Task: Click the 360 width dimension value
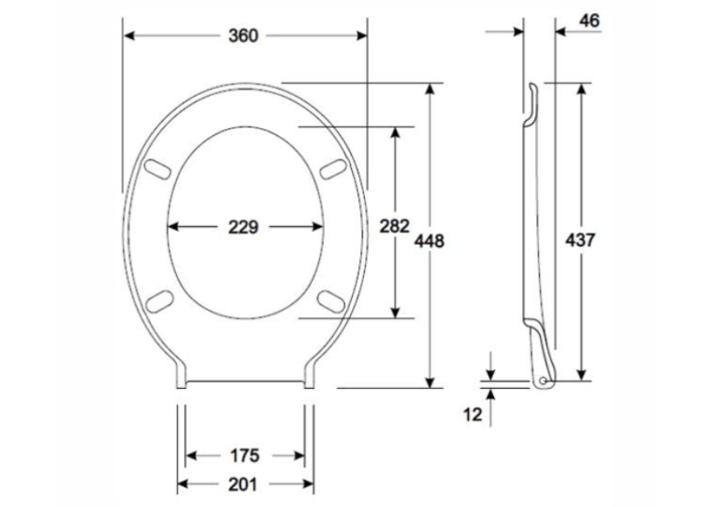[x=244, y=35]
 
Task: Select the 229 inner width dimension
[x=244, y=227]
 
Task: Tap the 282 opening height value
[x=394, y=226]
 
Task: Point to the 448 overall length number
[x=429, y=241]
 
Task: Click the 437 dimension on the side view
[x=580, y=240]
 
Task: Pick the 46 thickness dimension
[x=589, y=20]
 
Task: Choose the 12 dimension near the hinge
[x=473, y=414]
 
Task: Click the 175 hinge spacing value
[x=245, y=455]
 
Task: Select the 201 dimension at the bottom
[x=243, y=485]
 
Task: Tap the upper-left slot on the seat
[x=157, y=169]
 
